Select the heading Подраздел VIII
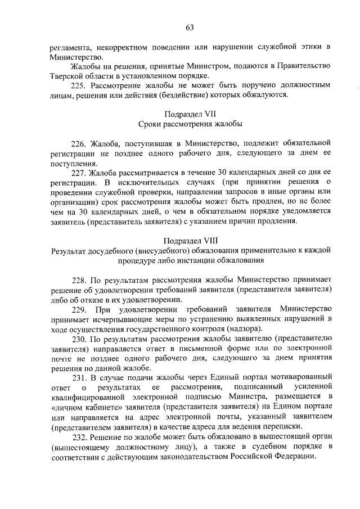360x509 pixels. (189, 241)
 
